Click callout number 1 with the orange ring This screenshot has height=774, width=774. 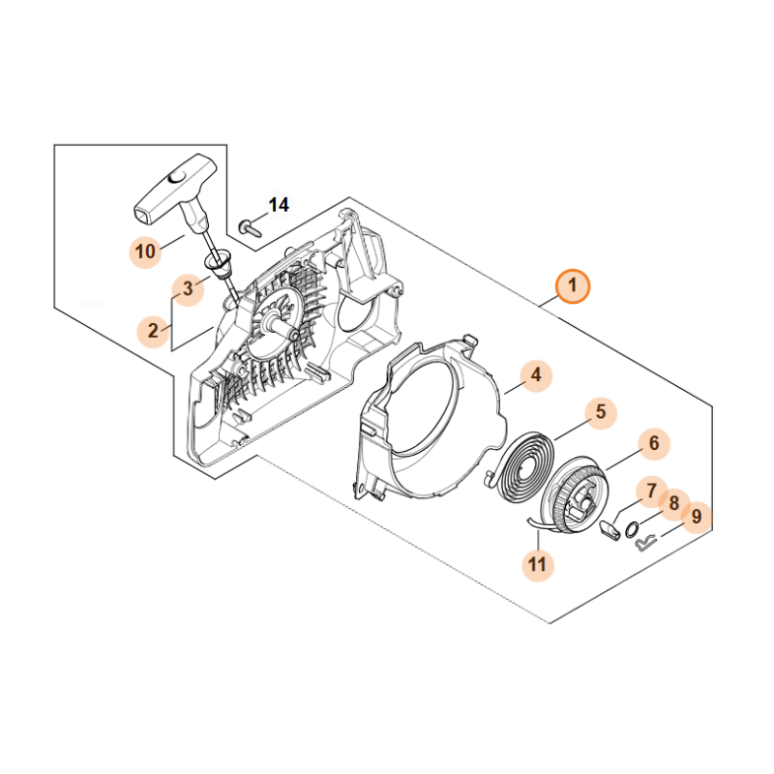pyautogui.click(x=572, y=286)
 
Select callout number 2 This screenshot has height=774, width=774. pyautogui.click(x=154, y=331)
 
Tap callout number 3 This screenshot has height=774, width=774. pyautogui.click(x=188, y=288)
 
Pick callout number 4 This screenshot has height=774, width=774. pyautogui.click(x=536, y=375)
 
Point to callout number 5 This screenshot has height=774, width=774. pyautogui.click(x=601, y=412)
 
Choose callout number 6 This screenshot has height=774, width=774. pyautogui.click(x=654, y=443)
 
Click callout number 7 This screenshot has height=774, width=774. pyautogui.click(x=651, y=491)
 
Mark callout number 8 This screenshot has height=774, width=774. pyautogui.click(x=673, y=504)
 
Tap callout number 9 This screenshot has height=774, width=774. pyautogui.click(x=697, y=518)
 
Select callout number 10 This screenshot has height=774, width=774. pyautogui.click(x=145, y=252)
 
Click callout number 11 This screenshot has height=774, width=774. pyautogui.click(x=538, y=564)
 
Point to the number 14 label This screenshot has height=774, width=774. pyautogui.click(x=279, y=205)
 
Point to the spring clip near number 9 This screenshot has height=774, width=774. pyautogui.click(x=644, y=544)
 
